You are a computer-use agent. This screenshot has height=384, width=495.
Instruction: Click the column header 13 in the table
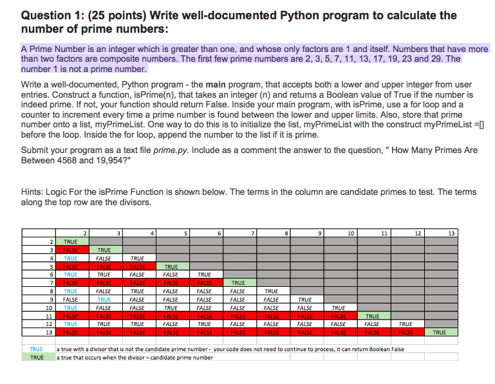point(451,233)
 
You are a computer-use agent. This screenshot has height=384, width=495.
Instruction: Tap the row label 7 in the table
point(50,282)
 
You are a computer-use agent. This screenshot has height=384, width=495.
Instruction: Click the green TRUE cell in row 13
point(439,333)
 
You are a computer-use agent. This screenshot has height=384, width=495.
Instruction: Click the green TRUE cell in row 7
point(238,282)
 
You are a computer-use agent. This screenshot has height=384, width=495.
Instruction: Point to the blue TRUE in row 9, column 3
point(104,299)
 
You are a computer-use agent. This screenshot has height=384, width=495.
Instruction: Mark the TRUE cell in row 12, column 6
point(205,324)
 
